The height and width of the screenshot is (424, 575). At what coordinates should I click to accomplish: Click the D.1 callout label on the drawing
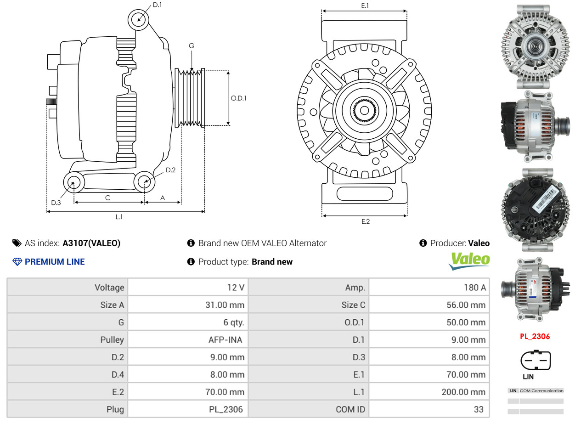[157, 5]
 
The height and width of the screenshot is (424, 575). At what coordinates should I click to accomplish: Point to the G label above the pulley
[192, 46]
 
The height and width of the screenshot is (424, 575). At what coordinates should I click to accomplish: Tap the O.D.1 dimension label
[238, 98]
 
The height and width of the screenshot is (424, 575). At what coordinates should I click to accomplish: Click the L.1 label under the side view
[119, 217]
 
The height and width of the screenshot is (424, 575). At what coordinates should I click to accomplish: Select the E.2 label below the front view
[366, 221]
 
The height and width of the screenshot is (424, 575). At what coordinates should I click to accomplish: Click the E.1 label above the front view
[365, 6]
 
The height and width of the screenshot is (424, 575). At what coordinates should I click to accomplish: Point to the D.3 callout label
[56, 203]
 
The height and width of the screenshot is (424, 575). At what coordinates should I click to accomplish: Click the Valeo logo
[469, 261]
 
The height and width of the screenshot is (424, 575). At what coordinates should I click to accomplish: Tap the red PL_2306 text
[535, 336]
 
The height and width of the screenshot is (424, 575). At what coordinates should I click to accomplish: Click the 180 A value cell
[429, 288]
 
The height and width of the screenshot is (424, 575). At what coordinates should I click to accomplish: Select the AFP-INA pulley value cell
[188, 340]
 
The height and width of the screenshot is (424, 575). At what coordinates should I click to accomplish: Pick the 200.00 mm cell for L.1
[429, 392]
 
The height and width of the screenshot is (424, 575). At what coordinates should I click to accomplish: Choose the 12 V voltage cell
[188, 288]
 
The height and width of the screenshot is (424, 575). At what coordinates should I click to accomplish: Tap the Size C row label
[353, 305]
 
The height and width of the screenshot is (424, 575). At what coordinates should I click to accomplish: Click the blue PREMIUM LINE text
[55, 262]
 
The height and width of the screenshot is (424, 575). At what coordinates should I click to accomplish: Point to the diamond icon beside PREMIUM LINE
[17, 262]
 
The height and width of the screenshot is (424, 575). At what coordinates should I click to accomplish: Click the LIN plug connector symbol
[536, 360]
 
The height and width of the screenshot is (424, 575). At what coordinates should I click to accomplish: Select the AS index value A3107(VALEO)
[91, 243]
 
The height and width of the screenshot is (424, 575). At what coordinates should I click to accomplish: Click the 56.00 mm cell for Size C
[429, 305]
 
